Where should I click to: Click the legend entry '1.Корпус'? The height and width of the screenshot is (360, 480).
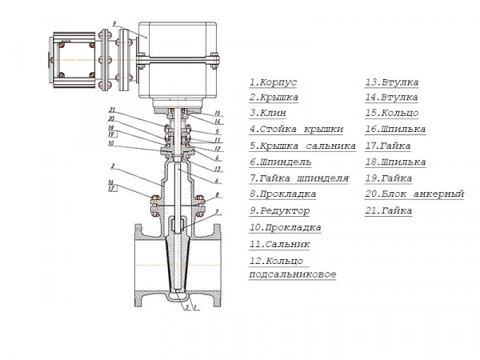pyautogui.click(x=274, y=82)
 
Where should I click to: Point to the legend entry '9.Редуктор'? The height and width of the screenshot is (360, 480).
pyautogui.click(x=281, y=211)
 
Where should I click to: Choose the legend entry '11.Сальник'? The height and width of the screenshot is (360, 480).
pyautogui.click(x=279, y=244)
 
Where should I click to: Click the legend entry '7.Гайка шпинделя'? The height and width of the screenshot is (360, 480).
pyautogui.click(x=298, y=178)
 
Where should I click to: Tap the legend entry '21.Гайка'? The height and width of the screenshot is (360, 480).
pyautogui.click(x=389, y=211)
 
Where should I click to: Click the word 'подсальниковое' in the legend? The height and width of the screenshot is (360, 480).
pyautogui.click(x=293, y=274)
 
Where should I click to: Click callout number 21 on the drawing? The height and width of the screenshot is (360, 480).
pyautogui.click(x=114, y=110)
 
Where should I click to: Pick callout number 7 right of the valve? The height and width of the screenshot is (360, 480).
pyautogui.click(x=216, y=212)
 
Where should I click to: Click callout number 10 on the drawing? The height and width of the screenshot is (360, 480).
pyautogui.click(x=113, y=144)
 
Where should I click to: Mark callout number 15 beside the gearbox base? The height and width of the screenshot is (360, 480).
pyautogui.click(x=217, y=113)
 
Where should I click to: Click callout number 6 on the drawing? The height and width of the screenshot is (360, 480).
pyautogui.click(x=216, y=181)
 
